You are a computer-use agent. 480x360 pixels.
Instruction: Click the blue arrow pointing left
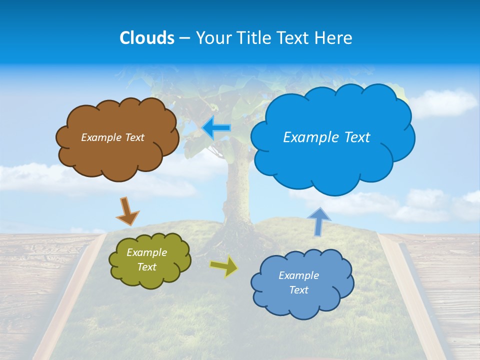coord(216,127)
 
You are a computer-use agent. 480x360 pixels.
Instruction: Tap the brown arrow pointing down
coord(127,210)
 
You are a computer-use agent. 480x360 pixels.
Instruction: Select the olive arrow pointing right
coord(223,266)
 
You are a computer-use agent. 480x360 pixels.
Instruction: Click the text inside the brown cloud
coord(112,137)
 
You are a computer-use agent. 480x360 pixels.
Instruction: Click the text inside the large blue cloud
coord(326,137)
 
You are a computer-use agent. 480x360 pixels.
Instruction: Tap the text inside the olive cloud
coord(146,260)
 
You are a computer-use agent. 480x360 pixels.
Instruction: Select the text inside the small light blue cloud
coord(298,282)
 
